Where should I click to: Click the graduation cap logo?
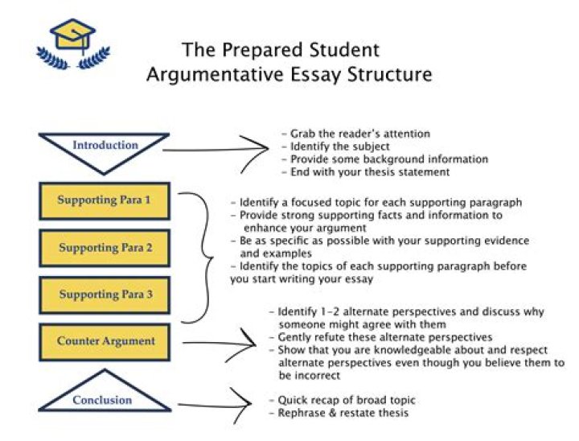(72, 43)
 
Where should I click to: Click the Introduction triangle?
(105, 148)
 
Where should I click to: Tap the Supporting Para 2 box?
(105, 248)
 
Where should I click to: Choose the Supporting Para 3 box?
(105, 295)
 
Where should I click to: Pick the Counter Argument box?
(105, 341)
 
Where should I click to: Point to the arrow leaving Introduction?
(217, 147)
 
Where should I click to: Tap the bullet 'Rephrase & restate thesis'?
(341, 413)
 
